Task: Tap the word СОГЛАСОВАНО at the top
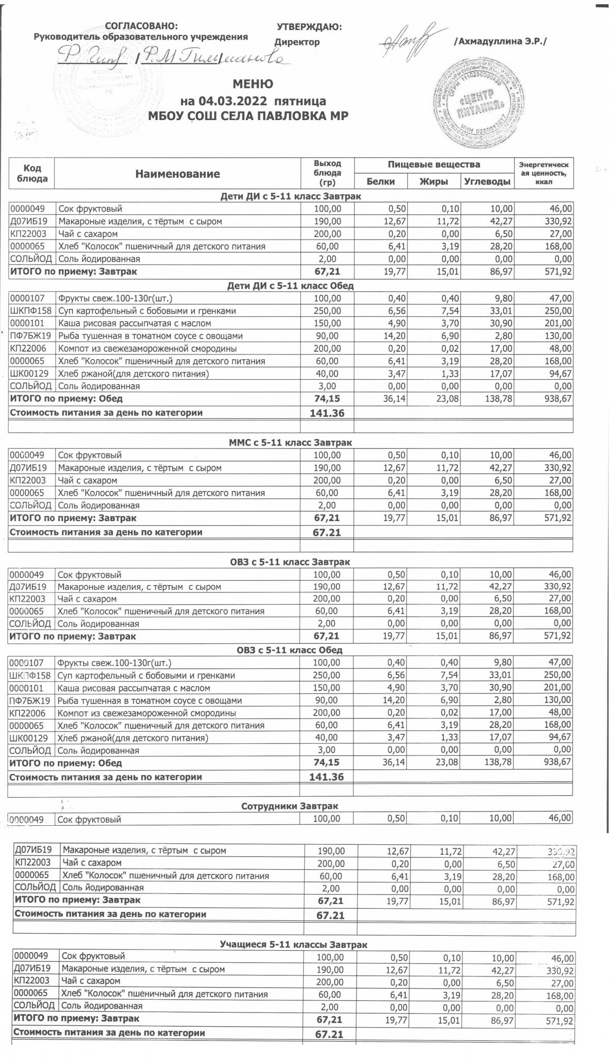point(142,26)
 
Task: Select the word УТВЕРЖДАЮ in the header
point(309,27)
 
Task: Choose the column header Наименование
point(177,174)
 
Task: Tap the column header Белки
point(380,181)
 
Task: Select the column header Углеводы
point(487,181)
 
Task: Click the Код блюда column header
point(32,173)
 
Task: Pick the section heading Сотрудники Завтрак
point(289,806)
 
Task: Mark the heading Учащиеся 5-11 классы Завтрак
point(293,944)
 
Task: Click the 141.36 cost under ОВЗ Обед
point(326,777)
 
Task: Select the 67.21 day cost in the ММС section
point(326,532)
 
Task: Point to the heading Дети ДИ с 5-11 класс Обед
point(290,286)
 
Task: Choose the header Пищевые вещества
point(434,165)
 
